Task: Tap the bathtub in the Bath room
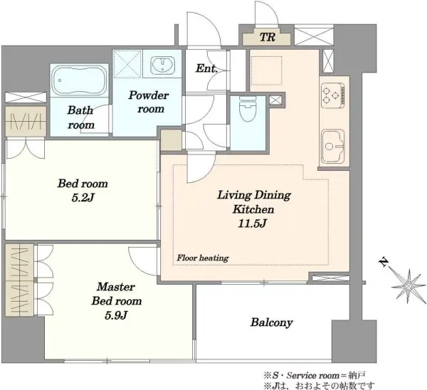(x=79, y=80)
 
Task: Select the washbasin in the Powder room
(x=162, y=65)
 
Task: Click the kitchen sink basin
(x=333, y=147)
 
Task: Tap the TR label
(x=267, y=37)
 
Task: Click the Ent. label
(x=206, y=68)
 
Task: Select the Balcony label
(x=272, y=322)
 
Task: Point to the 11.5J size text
(x=252, y=223)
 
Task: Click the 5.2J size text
(x=83, y=198)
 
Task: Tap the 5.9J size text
(x=116, y=315)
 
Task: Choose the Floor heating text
(x=203, y=258)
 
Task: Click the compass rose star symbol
(x=408, y=286)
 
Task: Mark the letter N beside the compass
(x=384, y=263)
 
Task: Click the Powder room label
(x=149, y=102)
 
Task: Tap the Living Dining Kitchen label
(x=254, y=202)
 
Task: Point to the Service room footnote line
(x=315, y=376)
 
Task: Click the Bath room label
(x=81, y=117)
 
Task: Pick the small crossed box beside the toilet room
(x=275, y=100)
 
